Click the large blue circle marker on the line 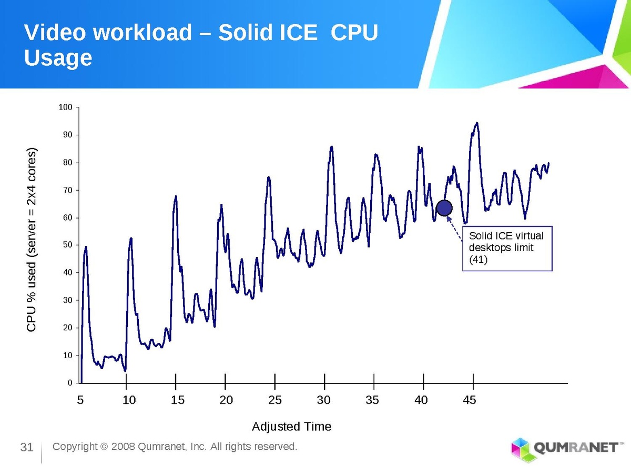[444, 208]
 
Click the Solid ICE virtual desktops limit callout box [507, 248]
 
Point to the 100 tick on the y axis [65, 107]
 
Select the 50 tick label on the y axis [67, 245]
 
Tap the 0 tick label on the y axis [69, 382]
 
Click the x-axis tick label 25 [275, 400]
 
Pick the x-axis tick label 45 [470, 400]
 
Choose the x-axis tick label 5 [80, 400]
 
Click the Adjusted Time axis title [292, 426]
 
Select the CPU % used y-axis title [32, 240]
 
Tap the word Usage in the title [58, 58]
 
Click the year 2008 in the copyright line [122, 447]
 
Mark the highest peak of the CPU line [476, 123]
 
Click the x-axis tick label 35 [372, 400]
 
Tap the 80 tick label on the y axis [67, 162]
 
